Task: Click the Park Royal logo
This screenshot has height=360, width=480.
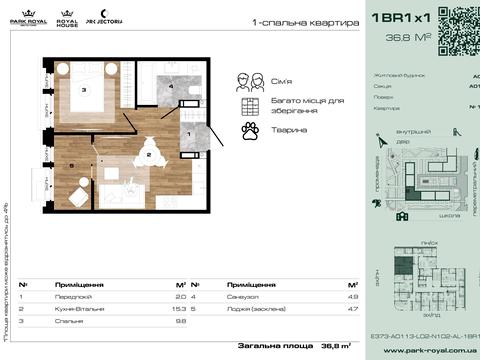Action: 30,17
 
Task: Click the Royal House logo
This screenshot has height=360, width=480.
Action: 68,17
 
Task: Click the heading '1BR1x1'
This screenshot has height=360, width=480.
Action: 399,18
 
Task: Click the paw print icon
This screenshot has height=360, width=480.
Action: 250,130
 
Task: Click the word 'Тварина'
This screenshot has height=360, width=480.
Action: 287,130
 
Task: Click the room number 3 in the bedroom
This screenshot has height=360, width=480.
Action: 84,90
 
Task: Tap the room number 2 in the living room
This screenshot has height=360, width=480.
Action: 148,155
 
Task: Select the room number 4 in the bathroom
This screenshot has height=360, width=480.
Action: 172,87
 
